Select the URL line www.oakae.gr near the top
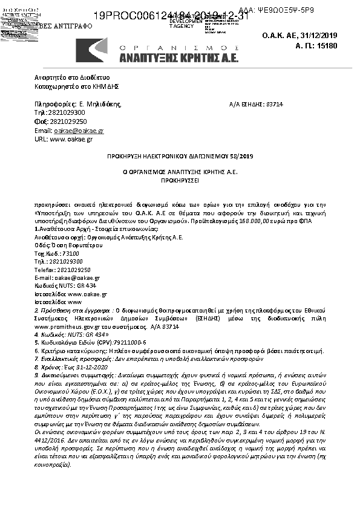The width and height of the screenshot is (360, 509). coord(71,139)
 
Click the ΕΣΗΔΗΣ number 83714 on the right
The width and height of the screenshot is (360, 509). coord(274,105)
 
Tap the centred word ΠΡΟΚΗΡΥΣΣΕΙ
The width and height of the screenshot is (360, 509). coord(180,180)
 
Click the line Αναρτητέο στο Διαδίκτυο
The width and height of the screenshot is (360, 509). coord(72,79)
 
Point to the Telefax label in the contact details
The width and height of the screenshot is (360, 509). coord(44,270)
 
